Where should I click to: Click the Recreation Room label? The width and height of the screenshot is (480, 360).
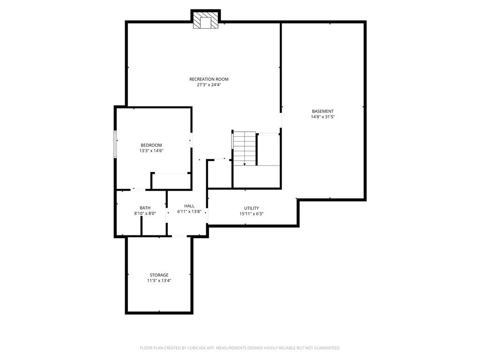(x=209, y=79)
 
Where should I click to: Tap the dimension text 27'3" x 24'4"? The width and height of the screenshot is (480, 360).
(x=209, y=85)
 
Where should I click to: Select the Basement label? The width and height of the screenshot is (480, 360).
(x=322, y=111)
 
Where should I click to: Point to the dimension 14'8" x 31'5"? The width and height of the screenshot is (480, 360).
(x=322, y=117)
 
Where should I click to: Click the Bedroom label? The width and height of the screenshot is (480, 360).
(x=151, y=145)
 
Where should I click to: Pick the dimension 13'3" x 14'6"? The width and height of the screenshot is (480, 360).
(x=151, y=150)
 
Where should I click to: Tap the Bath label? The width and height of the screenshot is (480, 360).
(x=145, y=208)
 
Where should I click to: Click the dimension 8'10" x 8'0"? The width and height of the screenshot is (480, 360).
(x=145, y=213)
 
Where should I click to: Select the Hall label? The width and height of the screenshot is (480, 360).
(x=189, y=206)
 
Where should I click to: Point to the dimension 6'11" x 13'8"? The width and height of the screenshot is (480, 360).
(x=189, y=211)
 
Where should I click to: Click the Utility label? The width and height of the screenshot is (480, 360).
(x=251, y=208)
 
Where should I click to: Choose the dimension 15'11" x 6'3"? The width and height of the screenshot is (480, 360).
(x=251, y=214)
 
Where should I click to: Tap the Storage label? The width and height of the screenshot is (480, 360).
(x=159, y=275)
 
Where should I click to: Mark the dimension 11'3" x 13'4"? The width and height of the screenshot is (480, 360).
(x=159, y=280)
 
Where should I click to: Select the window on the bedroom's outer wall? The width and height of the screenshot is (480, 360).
(x=115, y=144)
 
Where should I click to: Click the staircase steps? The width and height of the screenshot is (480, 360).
(x=245, y=149)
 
